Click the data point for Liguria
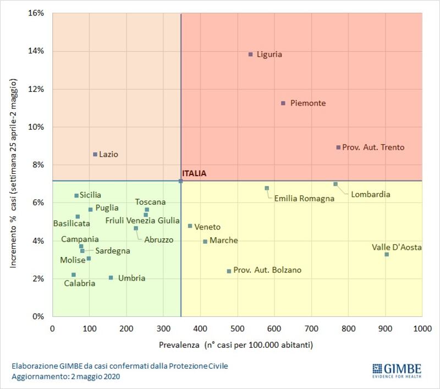[x=251, y=54]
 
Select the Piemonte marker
[x=283, y=103]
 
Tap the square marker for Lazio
[x=95, y=155]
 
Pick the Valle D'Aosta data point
[x=387, y=254]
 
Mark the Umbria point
[x=111, y=277]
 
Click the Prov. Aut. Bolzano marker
[x=229, y=271]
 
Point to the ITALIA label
[x=194, y=173]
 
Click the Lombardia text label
[x=370, y=194]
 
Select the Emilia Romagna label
[x=304, y=199]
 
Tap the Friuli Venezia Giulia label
[x=142, y=220]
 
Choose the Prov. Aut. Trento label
[x=373, y=147]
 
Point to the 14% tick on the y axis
[x=36, y=51]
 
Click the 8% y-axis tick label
[x=38, y=165]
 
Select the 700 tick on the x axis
[x=311, y=328]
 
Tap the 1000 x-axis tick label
[x=422, y=328]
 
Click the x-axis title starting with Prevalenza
[x=236, y=344]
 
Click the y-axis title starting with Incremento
[x=13, y=173]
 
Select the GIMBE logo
[x=397, y=370]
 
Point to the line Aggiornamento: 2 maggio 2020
[x=65, y=376]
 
